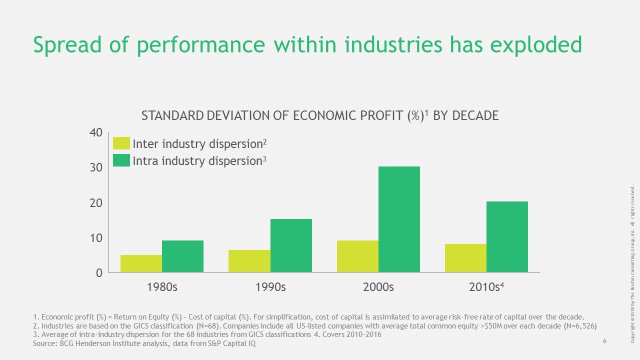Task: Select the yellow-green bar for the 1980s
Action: click(141, 263)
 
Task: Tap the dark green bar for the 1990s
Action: click(291, 245)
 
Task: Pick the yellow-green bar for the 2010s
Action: click(465, 258)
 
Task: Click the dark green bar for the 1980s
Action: click(182, 256)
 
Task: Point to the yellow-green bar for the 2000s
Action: click(357, 256)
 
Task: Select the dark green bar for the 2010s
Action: click(507, 236)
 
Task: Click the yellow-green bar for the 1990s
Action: click(249, 261)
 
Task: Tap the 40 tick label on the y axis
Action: click(96, 132)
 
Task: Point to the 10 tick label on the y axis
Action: click(96, 238)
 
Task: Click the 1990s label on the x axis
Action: click(269, 287)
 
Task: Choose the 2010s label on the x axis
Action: click(484, 287)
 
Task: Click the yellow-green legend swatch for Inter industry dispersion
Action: click(121, 143)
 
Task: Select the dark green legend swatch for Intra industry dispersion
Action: click(121, 160)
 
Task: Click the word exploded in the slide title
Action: click(536, 45)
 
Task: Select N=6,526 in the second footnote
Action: click(575, 325)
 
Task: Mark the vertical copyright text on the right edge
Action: click(633, 264)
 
